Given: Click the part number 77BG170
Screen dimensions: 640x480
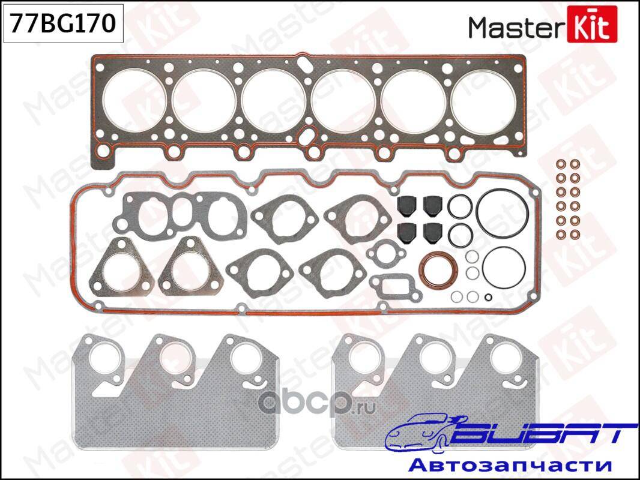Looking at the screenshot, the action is [63, 23].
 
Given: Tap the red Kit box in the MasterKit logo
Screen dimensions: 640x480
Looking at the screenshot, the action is [592, 25].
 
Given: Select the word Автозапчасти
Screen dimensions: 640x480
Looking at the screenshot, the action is [510, 464].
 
